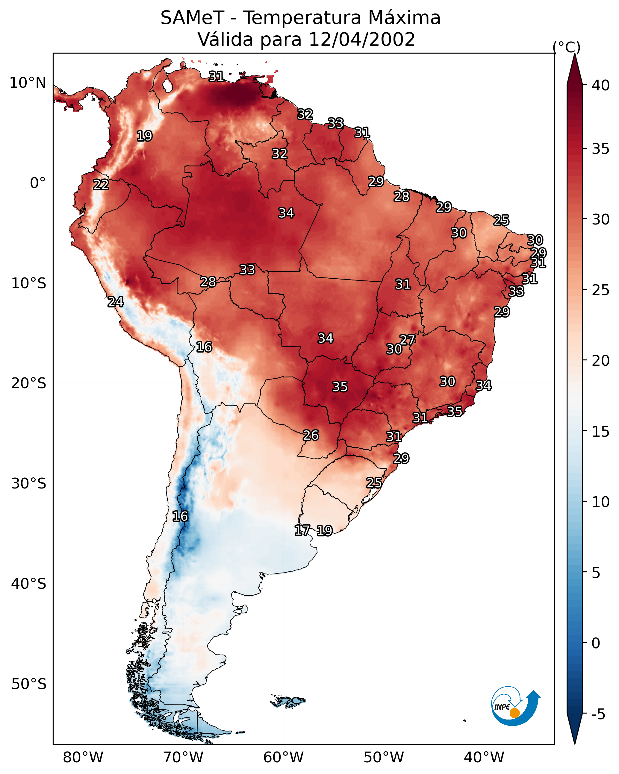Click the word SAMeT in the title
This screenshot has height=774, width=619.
coord(192,18)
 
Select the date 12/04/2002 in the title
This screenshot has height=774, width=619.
coord(361,40)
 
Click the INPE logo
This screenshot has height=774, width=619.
coord(515,706)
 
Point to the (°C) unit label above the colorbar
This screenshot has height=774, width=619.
coord(566,47)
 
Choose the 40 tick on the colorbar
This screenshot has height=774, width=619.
coord(600,85)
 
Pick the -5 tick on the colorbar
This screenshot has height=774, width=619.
coord(598,714)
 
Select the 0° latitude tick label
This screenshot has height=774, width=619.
coord(38,183)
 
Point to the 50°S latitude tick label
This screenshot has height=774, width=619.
coord(29,684)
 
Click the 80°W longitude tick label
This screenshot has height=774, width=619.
coord(83,758)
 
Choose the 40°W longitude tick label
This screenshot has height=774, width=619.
coord(484,758)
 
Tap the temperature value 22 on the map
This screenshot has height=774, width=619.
coord(101,185)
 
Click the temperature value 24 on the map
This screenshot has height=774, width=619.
coord(116,302)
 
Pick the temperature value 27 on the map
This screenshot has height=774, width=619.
coord(407,340)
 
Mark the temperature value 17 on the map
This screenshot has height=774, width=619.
coord(302,530)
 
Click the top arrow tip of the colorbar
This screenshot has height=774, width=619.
coord(574,54)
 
